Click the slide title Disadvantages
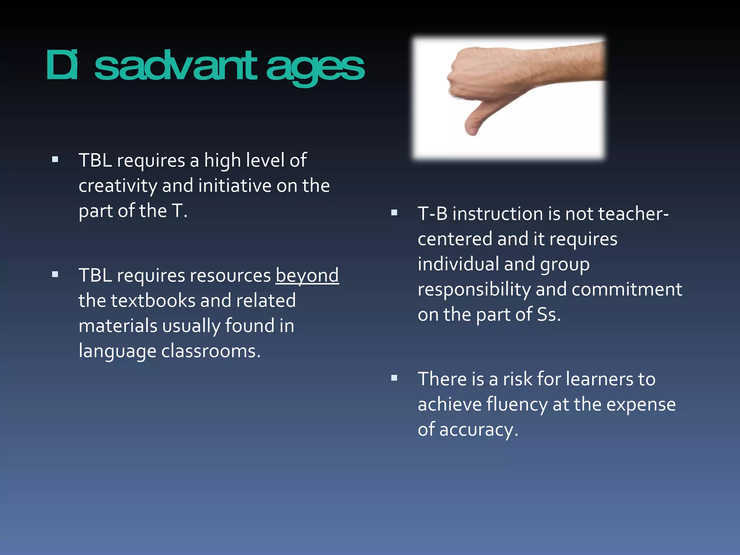pos(205,66)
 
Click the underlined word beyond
pos(307,275)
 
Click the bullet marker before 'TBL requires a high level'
pos(55,159)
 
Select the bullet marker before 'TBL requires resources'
pos(55,274)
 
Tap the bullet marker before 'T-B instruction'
pos(394,213)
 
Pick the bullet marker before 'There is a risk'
pos(394,378)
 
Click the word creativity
pos(118,186)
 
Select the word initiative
pos(235,186)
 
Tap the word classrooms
pos(210,351)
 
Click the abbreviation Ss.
pos(548,314)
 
